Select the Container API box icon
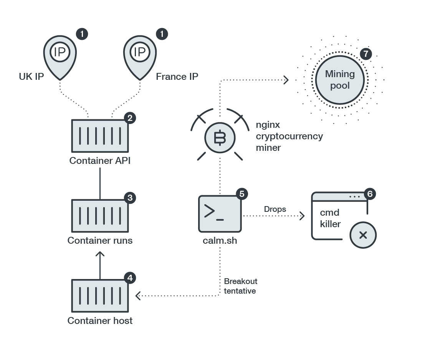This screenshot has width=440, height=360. click(x=100, y=135)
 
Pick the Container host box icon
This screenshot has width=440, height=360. click(x=100, y=296)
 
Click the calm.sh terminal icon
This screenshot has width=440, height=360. click(x=220, y=213)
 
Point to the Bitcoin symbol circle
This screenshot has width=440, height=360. click(x=220, y=138)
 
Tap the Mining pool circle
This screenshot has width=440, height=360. click(x=340, y=80)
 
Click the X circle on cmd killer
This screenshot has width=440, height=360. click(x=363, y=235)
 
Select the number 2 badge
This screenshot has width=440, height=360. click(x=130, y=118)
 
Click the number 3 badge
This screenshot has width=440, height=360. click(x=130, y=198)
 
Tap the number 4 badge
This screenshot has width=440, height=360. click(x=130, y=277)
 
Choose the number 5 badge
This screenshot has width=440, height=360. click(x=242, y=194)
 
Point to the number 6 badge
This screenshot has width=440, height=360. click(x=370, y=194)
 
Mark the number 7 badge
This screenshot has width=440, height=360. click(x=366, y=54)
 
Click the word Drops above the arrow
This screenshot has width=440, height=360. click(x=275, y=209)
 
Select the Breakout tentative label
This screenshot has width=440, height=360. click(x=240, y=286)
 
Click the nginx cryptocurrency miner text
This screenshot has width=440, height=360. click(x=289, y=136)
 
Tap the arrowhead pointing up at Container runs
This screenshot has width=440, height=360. click(x=100, y=254)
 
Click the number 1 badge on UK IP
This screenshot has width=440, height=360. click(x=82, y=34)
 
